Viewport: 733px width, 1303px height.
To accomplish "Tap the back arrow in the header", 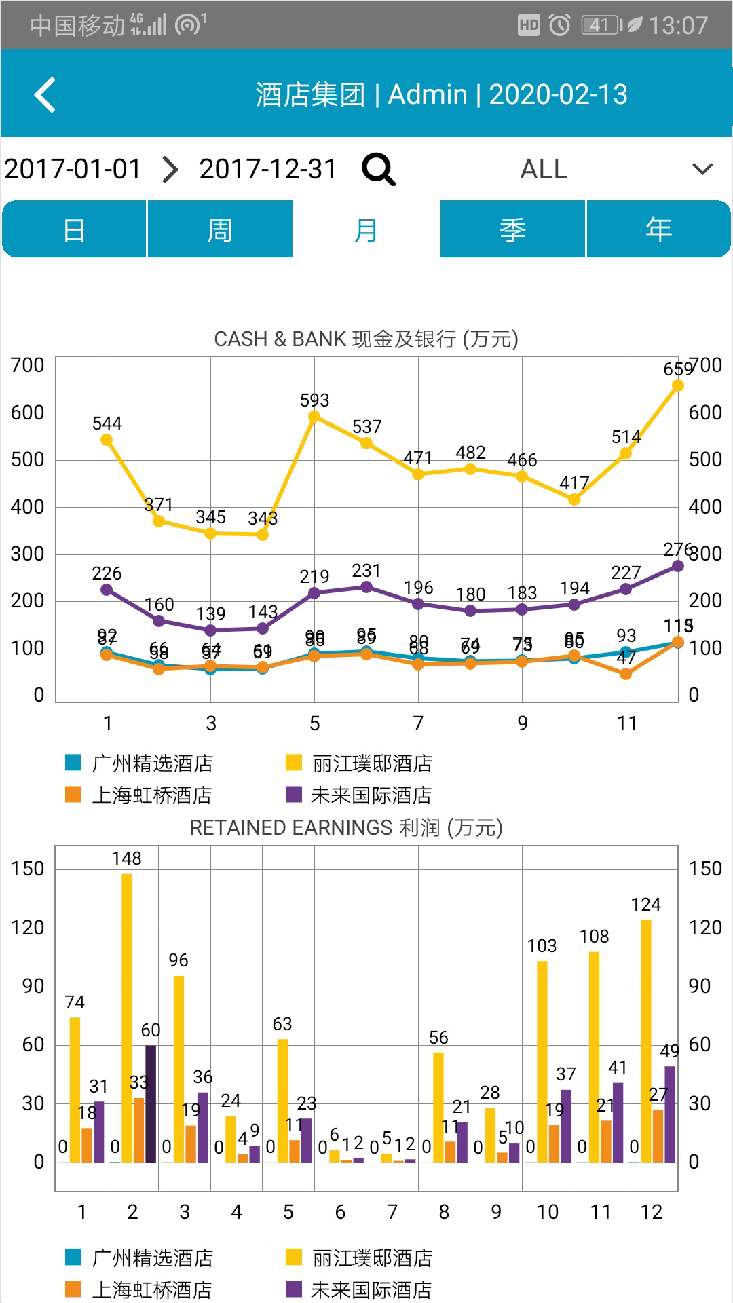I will click(45, 94).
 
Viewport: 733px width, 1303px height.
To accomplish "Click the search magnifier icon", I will click(378, 169).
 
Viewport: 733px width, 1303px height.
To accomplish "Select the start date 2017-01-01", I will click(73, 169).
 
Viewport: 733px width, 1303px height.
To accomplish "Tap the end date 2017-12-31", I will click(267, 169).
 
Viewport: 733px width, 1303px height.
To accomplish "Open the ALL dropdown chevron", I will click(702, 169).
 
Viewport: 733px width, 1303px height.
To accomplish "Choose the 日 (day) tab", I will click(74, 229).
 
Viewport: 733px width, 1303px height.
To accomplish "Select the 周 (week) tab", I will click(220, 229).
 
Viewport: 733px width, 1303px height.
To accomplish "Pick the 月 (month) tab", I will click(366, 229).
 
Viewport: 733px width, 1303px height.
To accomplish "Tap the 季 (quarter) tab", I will click(512, 229).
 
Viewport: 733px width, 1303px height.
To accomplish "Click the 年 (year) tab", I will click(658, 229).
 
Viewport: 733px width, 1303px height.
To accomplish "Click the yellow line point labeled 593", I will click(314, 417).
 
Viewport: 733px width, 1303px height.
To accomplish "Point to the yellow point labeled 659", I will click(677, 385).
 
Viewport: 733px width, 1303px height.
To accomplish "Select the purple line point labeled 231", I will click(366, 587).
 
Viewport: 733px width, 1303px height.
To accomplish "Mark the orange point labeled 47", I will click(626, 673).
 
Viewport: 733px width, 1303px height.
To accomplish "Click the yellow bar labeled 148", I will click(127, 1018).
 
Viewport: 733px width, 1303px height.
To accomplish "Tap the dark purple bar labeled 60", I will click(151, 1103).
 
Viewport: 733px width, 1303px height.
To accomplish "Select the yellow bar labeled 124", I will click(646, 1041).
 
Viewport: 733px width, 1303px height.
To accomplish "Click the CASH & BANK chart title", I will click(366, 339).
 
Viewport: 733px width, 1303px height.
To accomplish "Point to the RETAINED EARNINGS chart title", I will click(346, 827).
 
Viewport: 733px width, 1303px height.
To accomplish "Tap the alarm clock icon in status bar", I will click(559, 25).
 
